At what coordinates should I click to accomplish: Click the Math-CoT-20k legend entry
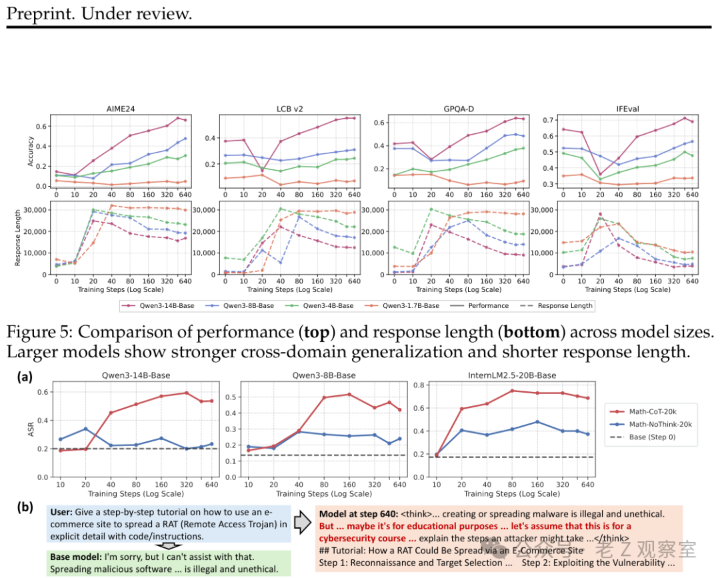pyautogui.click(x=648, y=413)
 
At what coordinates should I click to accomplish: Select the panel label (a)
pyautogui.click(x=25, y=376)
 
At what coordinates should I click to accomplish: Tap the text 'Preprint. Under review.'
pyautogui.click(x=99, y=13)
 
